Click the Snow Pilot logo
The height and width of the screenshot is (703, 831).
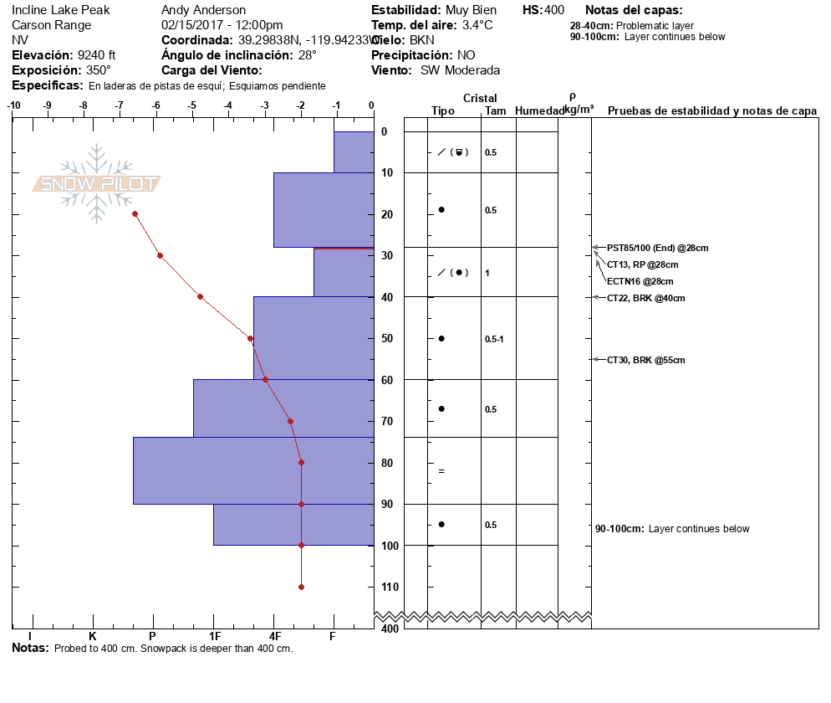click(x=97, y=183)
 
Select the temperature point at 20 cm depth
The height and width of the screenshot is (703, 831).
click(x=135, y=214)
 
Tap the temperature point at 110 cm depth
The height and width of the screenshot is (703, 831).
click(x=301, y=587)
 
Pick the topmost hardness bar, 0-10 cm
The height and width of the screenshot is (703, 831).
click(x=353, y=152)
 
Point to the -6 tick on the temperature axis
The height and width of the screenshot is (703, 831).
click(x=156, y=106)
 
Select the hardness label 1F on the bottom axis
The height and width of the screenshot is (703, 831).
click(x=215, y=636)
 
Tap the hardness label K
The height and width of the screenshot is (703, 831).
click(x=93, y=636)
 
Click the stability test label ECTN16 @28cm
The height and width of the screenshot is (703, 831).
click(x=640, y=281)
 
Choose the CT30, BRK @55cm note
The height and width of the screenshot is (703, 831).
click(x=645, y=360)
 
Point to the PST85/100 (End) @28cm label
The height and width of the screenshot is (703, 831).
click(x=657, y=248)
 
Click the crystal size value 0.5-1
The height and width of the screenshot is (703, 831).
click(x=494, y=339)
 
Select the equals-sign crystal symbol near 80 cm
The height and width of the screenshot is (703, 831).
click(x=441, y=471)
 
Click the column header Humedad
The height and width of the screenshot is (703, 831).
click(x=537, y=110)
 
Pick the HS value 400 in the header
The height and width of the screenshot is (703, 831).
click(x=553, y=10)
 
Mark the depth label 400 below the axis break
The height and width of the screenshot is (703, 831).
click(x=389, y=629)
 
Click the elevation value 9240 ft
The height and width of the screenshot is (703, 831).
click(x=97, y=55)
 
